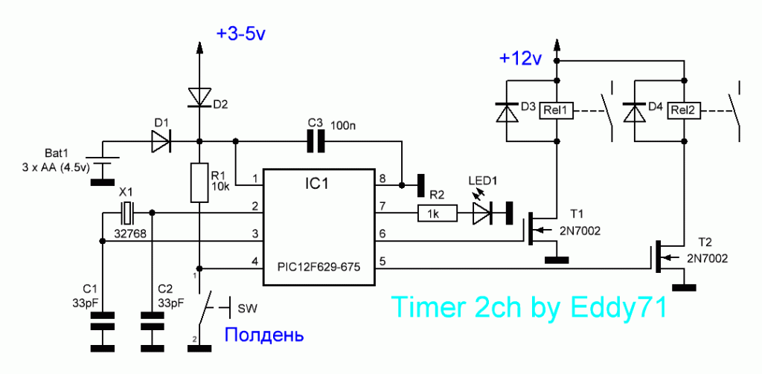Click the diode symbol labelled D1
tap(161, 141)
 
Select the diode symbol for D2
tap(199, 97)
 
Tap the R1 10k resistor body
tap(199, 183)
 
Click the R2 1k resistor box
tap(438, 213)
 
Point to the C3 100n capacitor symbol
tap(316, 141)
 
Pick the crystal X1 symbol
tap(127, 212)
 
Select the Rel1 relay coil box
tap(557, 111)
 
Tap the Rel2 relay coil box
tap(685, 111)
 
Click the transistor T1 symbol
tap(540, 229)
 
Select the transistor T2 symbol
tap(667, 257)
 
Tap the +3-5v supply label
tap(242, 34)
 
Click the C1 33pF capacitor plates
tap(102, 321)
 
